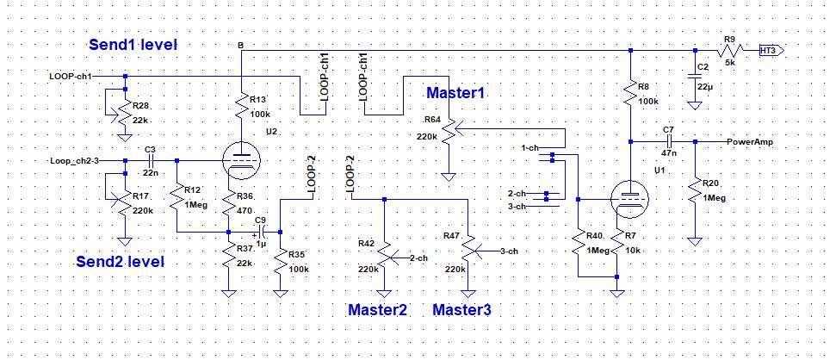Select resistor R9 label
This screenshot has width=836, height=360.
click(729, 39)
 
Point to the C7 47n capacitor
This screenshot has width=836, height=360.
click(668, 140)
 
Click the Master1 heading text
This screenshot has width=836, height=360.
click(455, 92)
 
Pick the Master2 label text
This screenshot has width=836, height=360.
click(376, 309)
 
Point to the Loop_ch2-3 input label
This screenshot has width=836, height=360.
click(75, 160)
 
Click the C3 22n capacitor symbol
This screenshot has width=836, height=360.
click(150, 160)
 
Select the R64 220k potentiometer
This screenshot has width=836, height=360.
click(448, 131)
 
